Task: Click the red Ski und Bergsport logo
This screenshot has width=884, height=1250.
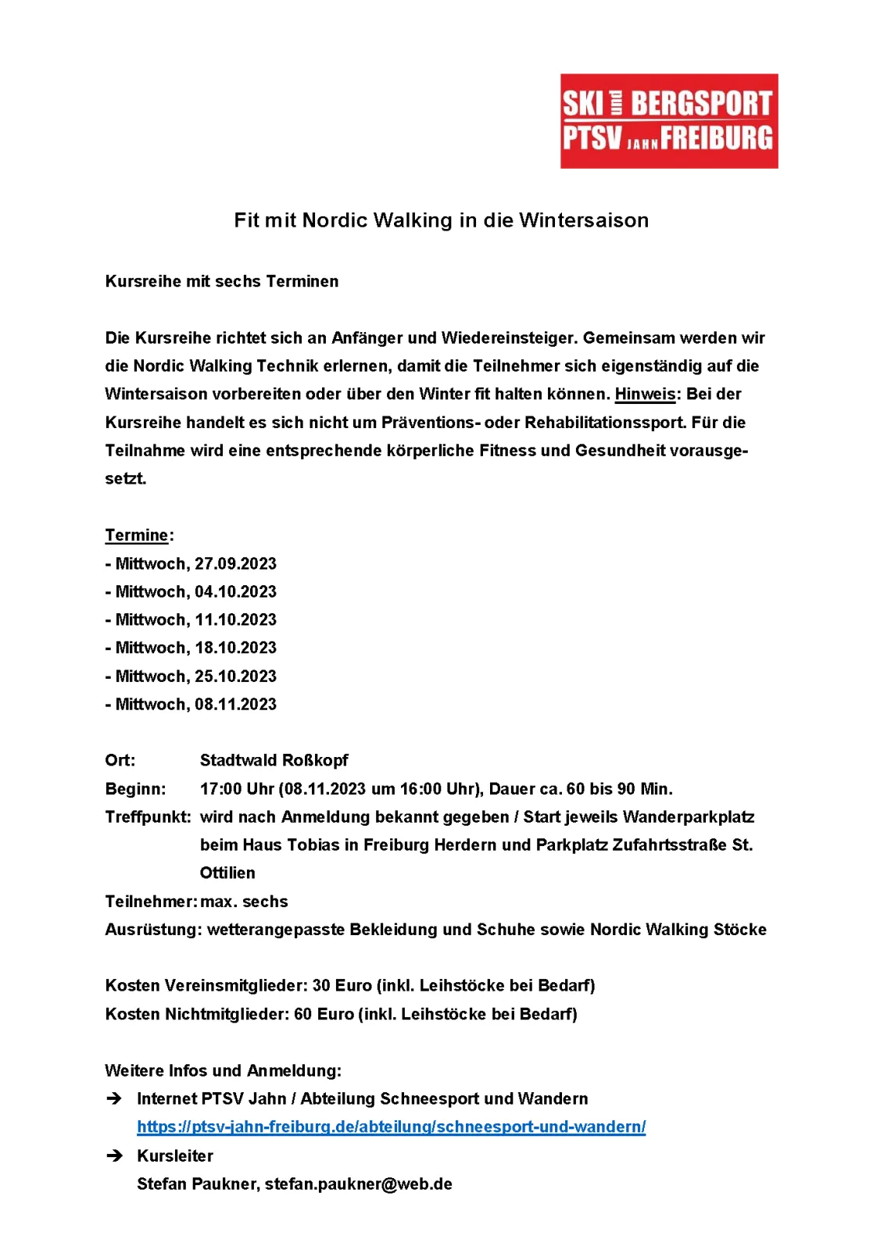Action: click(x=668, y=121)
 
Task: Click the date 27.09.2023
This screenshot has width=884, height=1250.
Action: click(x=235, y=563)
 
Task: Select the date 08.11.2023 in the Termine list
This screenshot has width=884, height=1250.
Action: click(x=235, y=704)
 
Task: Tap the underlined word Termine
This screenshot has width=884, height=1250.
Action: click(x=137, y=535)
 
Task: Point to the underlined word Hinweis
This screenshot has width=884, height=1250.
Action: click(x=645, y=394)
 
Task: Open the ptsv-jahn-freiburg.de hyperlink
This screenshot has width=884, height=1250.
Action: click(x=391, y=1127)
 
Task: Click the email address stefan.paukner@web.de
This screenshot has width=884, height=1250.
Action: click(x=358, y=1184)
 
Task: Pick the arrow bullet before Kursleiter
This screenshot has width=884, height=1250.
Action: click(x=114, y=1155)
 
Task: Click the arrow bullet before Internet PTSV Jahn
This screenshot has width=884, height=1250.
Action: click(x=114, y=1098)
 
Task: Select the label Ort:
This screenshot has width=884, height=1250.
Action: click(x=120, y=760)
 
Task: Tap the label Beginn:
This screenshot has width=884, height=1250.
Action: click(x=135, y=789)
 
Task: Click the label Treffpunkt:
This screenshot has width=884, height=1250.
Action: click(x=148, y=817)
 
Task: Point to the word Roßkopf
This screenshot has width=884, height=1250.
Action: click(x=315, y=760)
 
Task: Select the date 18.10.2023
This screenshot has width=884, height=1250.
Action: click(x=235, y=648)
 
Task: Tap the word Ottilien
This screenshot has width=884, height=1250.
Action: click(x=227, y=873)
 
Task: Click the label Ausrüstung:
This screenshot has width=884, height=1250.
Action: click(x=153, y=930)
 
